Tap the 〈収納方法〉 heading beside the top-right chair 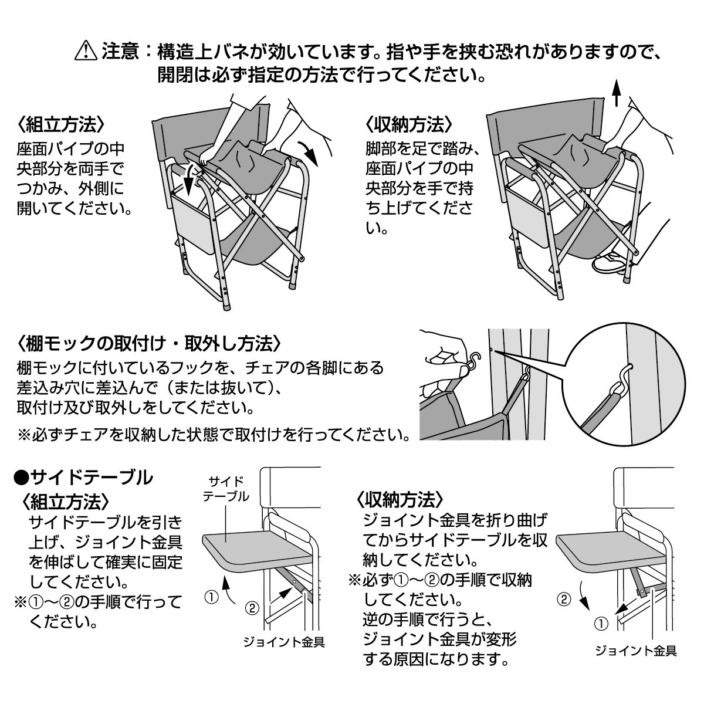[x=408, y=125]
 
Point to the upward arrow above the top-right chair [x=616, y=94]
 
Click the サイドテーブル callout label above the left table [x=225, y=489]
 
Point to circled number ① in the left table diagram [x=210, y=597]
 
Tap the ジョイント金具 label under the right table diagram [x=636, y=651]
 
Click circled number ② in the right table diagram [x=563, y=600]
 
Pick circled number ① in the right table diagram [x=600, y=624]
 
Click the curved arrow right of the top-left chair [x=309, y=153]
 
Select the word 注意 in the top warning [x=120, y=52]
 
